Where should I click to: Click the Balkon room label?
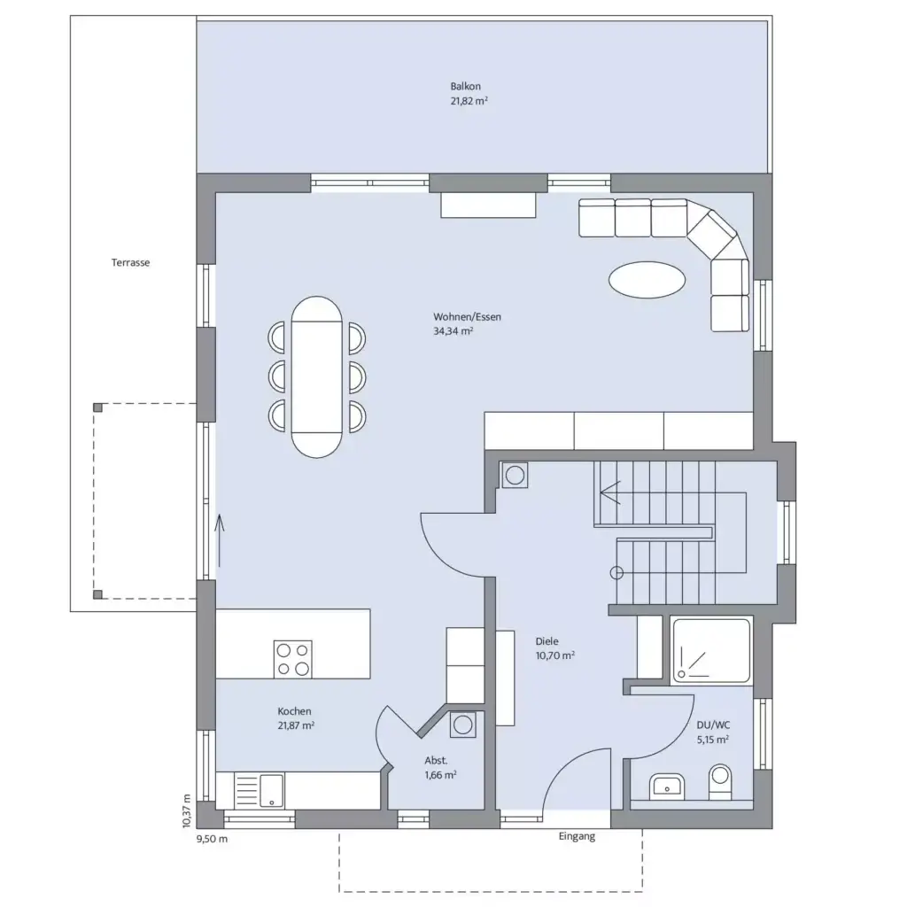click(465, 87)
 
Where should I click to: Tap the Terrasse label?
click(130, 263)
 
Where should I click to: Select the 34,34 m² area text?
click(453, 331)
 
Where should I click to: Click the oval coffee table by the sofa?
click(647, 281)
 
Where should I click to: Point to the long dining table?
click(316, 376)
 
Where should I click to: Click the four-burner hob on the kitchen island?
click(292, 659)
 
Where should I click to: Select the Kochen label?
click(294, 711)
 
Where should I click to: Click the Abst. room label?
click(436, 760)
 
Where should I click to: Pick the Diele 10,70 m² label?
click(555, 648)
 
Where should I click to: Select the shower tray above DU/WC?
click(710, 651)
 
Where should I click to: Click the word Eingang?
click(577, 837)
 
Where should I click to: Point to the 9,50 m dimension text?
click(212, 838)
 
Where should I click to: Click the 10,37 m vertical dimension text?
click(187, 810)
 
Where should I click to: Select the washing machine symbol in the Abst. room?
click(462, 725)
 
